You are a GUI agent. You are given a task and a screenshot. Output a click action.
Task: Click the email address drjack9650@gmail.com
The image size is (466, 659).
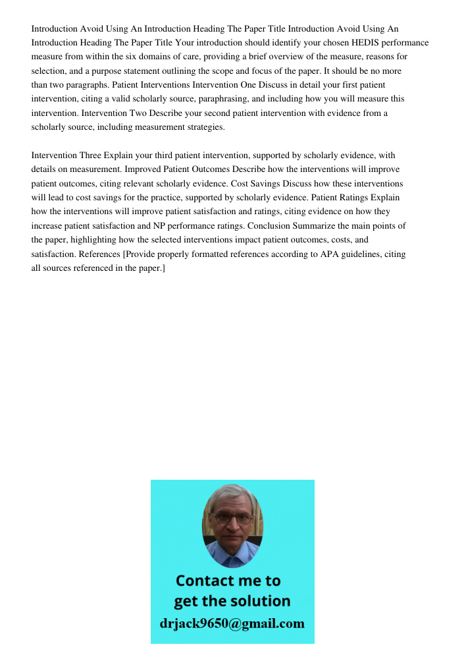coord(232,623)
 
